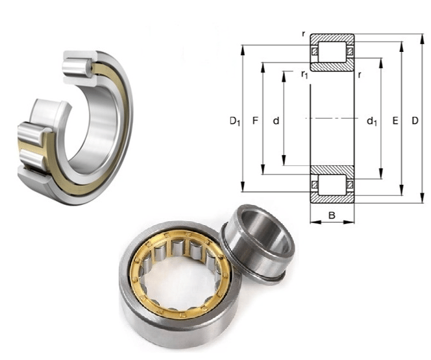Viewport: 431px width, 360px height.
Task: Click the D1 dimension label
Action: pyautogui.click(x=235, y=121)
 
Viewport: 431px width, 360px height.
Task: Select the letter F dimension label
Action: pyautogui.click(x=255, y=120)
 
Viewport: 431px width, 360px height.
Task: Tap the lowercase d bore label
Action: pyautogui.click(x=276, y=120)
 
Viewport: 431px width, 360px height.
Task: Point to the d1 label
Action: pyautogui.click(x=372, y=121)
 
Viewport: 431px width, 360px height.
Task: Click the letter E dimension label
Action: pyautogui.click(x=395, y=120)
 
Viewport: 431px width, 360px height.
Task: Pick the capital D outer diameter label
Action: pyautogui.click(x=415, y=120)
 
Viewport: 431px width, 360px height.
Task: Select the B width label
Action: pyautogui.click(x=332, y=215)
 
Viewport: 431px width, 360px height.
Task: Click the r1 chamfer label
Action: pyautogui.click(x=304, y=75)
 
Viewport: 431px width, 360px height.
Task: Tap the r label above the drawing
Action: pyautogui.click(x=304, y=34)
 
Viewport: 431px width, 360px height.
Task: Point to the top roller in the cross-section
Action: pyautogui.click(x=332, y=52)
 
